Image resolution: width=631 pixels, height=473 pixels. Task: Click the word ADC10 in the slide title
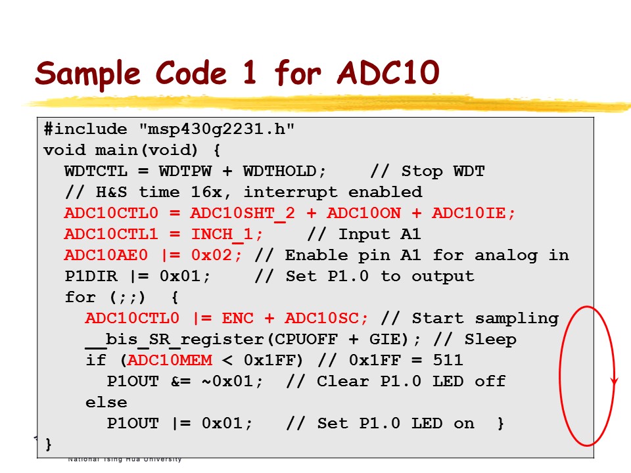[387, 73]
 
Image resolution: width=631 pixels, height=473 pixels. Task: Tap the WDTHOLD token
[284, 171]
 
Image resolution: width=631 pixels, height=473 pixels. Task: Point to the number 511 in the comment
[448, 360]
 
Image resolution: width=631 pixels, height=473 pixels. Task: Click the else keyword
[106, 402]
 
